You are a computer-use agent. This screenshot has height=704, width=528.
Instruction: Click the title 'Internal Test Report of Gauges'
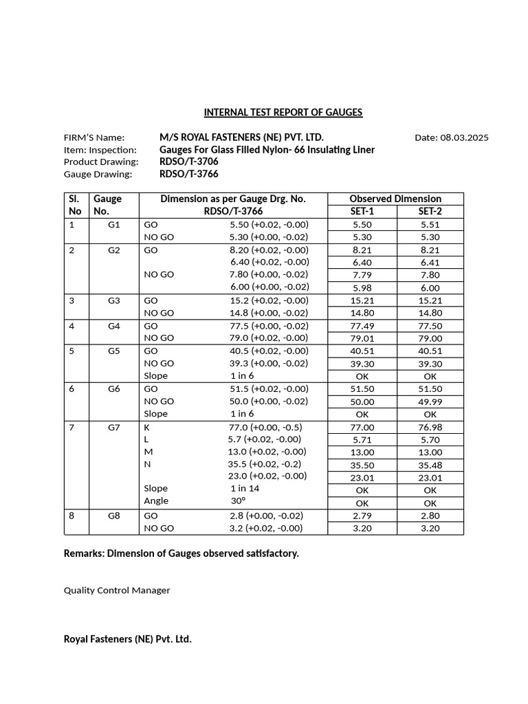283,112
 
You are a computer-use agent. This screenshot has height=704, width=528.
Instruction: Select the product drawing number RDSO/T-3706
189,162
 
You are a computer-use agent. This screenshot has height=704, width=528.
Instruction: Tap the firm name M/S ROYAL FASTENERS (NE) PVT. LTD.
241,137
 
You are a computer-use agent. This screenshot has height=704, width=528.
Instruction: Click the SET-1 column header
362,212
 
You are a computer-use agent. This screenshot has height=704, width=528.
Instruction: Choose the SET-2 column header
430,212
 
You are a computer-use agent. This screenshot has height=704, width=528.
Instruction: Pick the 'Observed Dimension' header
395,199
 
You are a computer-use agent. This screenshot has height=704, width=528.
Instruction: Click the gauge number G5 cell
114,351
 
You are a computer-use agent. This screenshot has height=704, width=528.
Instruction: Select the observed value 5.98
362,288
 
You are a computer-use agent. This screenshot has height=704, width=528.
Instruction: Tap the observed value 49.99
430,401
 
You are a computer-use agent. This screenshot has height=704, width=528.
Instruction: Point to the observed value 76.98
430,427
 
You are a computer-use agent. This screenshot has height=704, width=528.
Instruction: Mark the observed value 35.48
430,465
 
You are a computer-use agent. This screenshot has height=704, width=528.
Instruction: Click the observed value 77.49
362,326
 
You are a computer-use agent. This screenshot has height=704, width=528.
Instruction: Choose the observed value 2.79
362,516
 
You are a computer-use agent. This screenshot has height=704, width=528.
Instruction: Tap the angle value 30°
239,500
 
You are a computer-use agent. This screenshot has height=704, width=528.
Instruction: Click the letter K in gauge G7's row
146,427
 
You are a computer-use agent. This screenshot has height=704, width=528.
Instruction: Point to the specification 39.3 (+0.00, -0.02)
269,363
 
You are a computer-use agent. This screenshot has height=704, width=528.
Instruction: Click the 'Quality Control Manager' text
117,590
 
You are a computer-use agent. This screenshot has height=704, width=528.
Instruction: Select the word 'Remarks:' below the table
84,553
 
